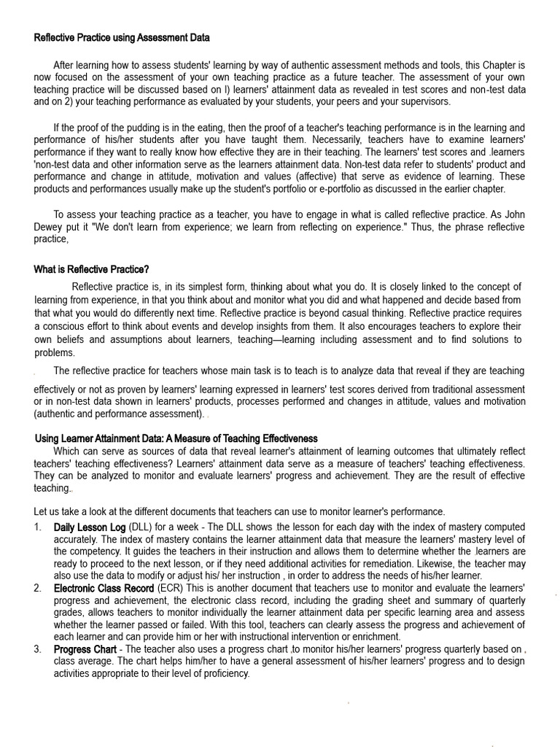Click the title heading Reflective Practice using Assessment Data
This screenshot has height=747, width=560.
[x=122, y=37]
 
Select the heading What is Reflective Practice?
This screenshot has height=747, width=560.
[x=91, y=269]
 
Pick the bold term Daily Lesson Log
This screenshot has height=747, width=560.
[x=90, y=526]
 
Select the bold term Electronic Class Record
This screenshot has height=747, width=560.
[x=104, y=587]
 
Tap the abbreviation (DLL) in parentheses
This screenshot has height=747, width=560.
[x=141, y=526]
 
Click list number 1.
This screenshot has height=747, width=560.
[x=38, y=526]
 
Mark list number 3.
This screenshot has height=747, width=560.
[x=38, y=649]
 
